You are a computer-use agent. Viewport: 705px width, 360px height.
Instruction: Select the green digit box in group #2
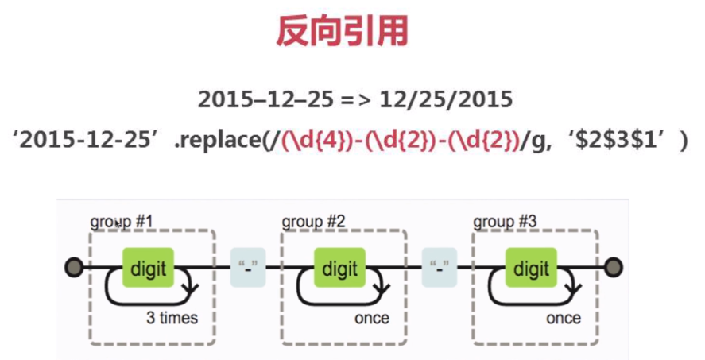click(x=339, y=268)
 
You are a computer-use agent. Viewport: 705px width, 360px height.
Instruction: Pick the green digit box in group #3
click(x=531, y=268)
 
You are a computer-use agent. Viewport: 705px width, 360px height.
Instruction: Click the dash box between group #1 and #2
click(x=248, y=268)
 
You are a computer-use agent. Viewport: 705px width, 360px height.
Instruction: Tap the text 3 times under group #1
click(x=172, y=318)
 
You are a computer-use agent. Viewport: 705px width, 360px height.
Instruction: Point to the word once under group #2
click(x=371, y=318)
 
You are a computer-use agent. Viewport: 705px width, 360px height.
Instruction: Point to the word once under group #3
click(x=563, y=318)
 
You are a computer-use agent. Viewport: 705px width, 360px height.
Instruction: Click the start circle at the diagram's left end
click(x=74, y=268)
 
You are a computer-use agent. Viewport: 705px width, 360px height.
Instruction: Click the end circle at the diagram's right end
click(x=614, y=268)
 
